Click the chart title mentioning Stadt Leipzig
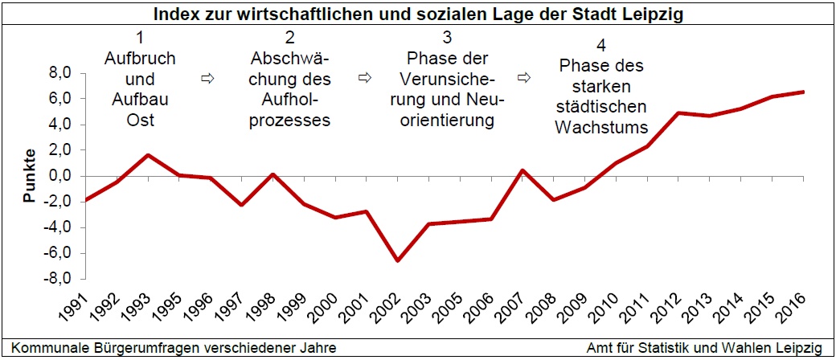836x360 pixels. coord(418,14)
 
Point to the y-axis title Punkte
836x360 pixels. coord(30,176)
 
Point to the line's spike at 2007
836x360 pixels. coord(522,170)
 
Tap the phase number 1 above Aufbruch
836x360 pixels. coord(140,38)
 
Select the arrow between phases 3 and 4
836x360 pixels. coord(524,78)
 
